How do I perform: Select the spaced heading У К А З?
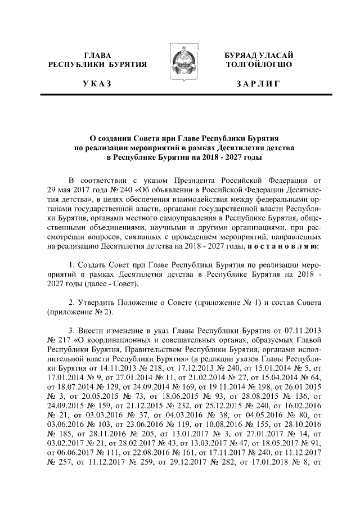(97, 84)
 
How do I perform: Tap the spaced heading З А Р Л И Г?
(258, 84)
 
